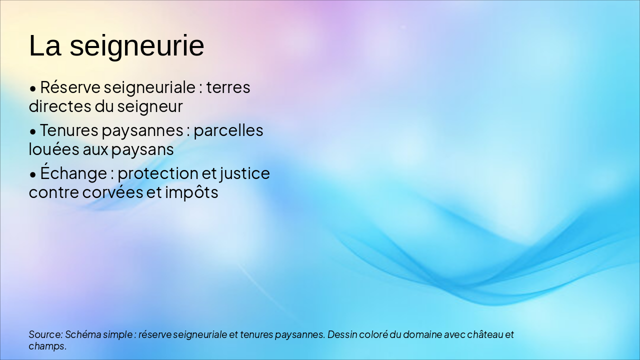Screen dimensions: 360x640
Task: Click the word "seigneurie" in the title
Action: pos(136,46)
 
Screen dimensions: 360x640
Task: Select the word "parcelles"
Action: pos(228,130)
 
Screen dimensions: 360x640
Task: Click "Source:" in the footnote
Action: pos(45,334)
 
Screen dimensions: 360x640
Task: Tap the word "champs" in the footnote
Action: pos(46,346)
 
